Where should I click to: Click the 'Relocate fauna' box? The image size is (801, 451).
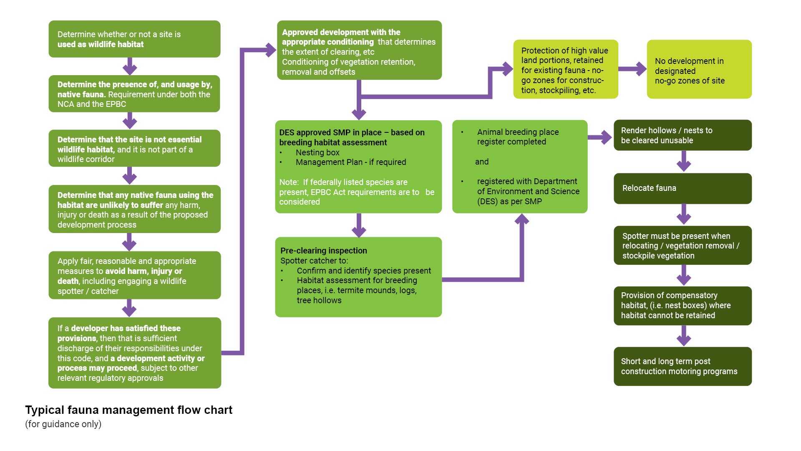(x=683, y=188)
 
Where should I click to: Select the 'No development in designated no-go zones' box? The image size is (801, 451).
(x=699, y=69)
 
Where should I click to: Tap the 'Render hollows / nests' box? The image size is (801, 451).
(x=683, y=135)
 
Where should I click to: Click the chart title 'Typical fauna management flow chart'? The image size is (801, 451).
(x=128, y=410)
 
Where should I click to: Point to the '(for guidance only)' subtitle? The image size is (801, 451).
(x=63, y=424)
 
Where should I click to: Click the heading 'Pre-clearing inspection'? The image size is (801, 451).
(x=324, y=251)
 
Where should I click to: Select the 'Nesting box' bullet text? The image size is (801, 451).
(x=317, y=152)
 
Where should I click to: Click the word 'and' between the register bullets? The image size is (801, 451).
(x=482, y=162)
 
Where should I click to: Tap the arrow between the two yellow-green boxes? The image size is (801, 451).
(x=632, y=69)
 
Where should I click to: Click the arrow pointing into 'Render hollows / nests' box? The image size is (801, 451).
(x=601, y=137)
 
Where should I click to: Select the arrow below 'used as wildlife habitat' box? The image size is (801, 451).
(x=130, y=66)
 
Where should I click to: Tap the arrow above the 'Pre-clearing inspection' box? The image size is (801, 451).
(x=359, y=225)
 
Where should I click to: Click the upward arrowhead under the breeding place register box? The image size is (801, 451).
(x=521, y=219)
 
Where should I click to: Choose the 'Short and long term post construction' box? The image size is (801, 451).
(x=683, y=366)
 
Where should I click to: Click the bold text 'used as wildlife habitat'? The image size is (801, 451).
(x=100, y=44)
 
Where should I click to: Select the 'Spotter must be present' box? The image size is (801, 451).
(x=683, y=246)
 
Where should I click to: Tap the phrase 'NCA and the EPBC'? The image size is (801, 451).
(x=92, y=104)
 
